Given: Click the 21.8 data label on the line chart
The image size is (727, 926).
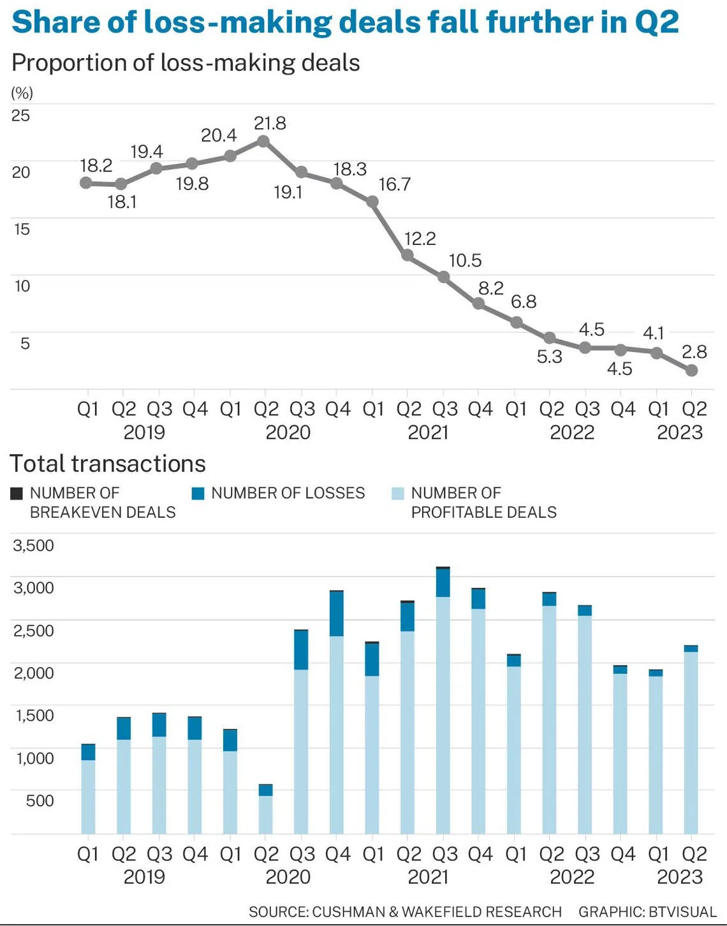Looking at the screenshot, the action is pyautogui.click(x=270, y=123).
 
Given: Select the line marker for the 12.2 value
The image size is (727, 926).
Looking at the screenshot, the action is pyautogui.click(x=408, y=255).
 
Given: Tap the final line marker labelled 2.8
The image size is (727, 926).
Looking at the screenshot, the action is pyautogui.click(x=691, y=371).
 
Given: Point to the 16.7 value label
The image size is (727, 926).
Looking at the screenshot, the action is pyautogui.click(x=395, y=184).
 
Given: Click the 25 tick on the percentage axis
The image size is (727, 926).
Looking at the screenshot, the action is pyautogui.click(x=20, y=115).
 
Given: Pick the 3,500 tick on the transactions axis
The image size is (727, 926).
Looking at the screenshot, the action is pyautogui.click(x=33, y=545).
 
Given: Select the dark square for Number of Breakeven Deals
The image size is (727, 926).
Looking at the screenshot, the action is pyautogui.click(x=16, y=494).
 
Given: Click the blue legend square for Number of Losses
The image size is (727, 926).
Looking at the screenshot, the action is pyautogui.click(x=198, y=494).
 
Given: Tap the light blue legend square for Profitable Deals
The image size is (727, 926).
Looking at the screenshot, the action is pyautogui.click(x=397, y=494).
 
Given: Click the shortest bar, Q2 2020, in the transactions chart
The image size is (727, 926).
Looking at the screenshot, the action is pyautogui.click(x=265, y=809).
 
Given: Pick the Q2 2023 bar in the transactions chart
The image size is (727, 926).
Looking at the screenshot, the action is pyautogui.click(x=691, y=739).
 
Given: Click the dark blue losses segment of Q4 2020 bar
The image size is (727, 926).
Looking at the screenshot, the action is pyautogui.click(x=336, y=614).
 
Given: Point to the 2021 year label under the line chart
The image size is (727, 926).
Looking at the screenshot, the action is pyautogui.click(x=429, y=432).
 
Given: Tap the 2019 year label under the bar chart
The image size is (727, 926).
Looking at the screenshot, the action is pyautogui.click(x=144, y=877).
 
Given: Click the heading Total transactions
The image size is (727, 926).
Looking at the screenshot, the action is pyautogui.click(x=107, y=464).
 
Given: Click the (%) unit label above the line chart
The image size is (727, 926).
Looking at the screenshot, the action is pyautogui.click(x=22, y=93).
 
